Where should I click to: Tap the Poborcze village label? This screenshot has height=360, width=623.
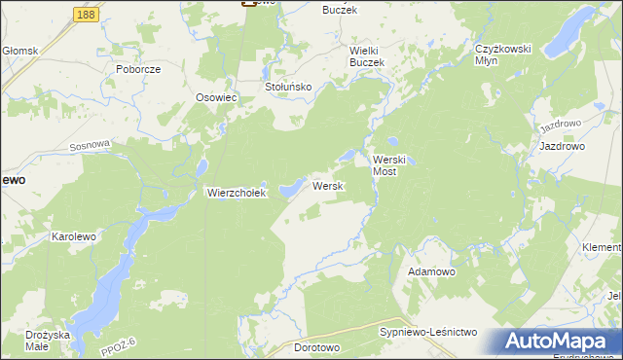point(137,70)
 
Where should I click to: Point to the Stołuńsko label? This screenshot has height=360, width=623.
point(288,87)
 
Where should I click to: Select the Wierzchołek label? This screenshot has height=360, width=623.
point(236,193)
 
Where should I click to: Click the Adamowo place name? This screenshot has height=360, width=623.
point(431,271)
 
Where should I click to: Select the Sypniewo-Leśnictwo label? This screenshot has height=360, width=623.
point(427,333)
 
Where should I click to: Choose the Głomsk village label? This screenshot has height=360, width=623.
point(19,51)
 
